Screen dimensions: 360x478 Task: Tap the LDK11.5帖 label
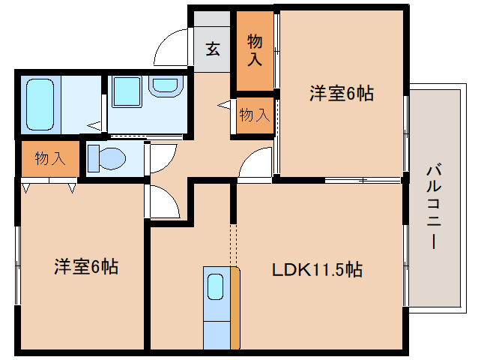pos(317,269)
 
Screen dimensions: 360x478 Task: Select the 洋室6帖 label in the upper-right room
pos(342,94)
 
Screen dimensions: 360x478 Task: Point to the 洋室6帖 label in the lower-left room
pos(85,266)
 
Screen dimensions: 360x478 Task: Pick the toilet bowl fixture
pos(104,157)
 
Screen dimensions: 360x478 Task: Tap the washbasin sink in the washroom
pos(163,87)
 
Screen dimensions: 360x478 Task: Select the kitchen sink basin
pos(215,286)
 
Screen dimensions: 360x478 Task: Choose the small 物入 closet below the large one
pos(254,115)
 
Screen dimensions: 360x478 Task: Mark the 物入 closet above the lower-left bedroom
pos(49,158)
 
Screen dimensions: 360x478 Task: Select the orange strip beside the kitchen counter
pos(235,307)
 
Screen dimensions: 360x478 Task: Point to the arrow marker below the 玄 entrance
pos(223,106)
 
